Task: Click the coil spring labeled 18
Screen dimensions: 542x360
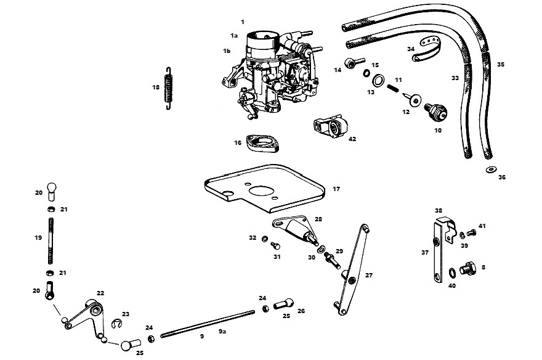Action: (168, 88)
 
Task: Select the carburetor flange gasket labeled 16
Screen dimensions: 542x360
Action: (262, 144)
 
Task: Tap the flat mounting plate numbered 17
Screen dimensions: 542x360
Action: (264, 189)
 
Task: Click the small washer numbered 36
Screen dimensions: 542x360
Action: (490, 170)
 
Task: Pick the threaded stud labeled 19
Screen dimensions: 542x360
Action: (51, 240)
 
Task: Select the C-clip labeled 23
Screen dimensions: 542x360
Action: (118, 324)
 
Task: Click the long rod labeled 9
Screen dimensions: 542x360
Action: (208, 324)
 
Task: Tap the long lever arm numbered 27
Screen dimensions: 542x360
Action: (352, 270)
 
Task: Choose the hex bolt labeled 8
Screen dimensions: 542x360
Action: (467, 269)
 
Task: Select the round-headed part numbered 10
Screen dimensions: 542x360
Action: (436, 112)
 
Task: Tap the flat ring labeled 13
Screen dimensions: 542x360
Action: (379, 81)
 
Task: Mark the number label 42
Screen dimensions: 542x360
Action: (352, 139)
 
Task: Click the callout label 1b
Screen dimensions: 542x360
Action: (227, 51)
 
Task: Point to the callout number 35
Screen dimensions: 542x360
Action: (501, 64)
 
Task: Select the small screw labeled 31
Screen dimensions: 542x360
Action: (276, 246)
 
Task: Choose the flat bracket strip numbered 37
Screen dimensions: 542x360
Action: (437, 253)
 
